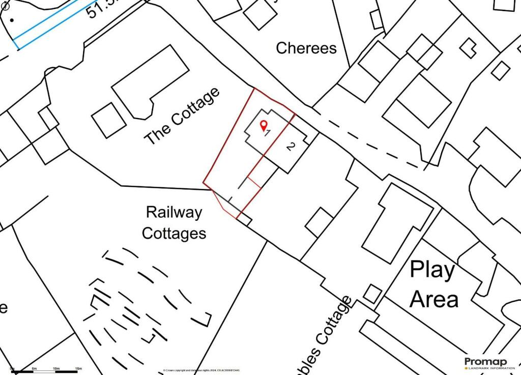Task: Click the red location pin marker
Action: coord(263,125)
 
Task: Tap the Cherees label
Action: coord(306,48)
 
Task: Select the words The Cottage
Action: coord(183,117)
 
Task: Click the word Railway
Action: coord(174,213)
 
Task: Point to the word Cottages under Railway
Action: coord(174,234)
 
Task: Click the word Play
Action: coord(432,270)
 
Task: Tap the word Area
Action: coord(434,299)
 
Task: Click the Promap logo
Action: coord(485,361)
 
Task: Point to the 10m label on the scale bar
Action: coord(56,368)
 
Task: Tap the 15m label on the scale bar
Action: coord(78,368)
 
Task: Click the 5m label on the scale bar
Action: coord(34,368)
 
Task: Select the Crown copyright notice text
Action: coord(201,370)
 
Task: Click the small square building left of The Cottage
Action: coord(109,120)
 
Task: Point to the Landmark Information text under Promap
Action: coord(488,368)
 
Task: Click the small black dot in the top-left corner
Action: coord(12,20)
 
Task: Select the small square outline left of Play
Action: coord(372,294)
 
